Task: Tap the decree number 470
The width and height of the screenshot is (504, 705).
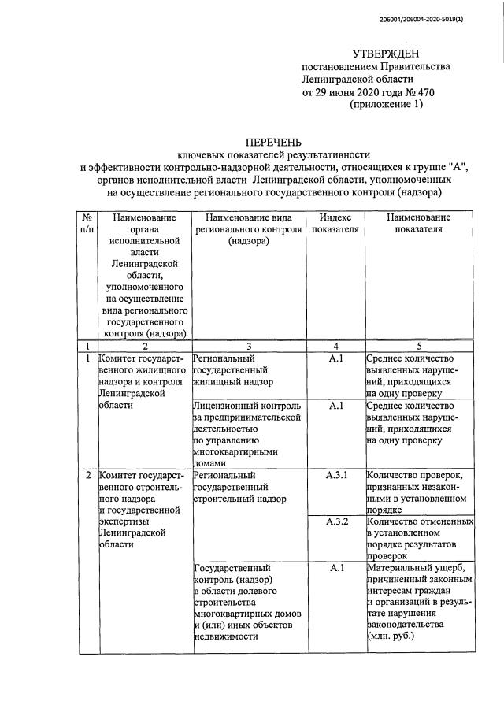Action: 424,93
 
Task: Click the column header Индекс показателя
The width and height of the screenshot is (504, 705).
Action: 335,223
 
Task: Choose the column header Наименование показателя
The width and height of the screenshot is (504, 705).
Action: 419,223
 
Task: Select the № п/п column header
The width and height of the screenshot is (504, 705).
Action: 87,223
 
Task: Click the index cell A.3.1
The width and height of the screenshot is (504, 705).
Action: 335,477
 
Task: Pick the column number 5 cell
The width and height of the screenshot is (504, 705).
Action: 419,345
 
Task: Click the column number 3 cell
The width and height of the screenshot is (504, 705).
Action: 249,345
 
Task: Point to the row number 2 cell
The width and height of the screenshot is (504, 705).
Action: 87,477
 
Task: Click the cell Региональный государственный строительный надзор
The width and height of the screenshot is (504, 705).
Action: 239,488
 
